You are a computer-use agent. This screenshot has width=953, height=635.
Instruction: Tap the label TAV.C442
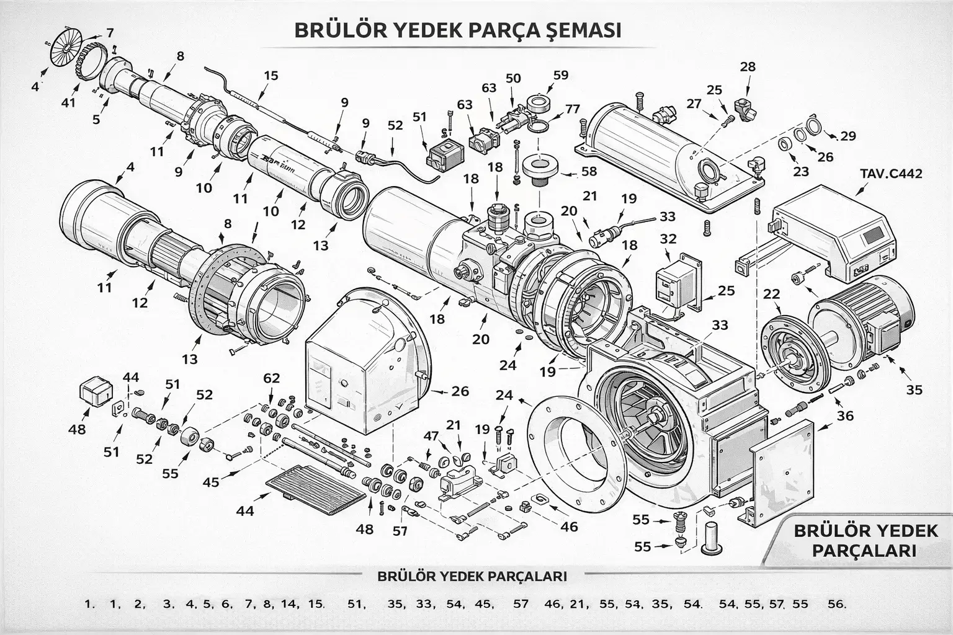coord(891,173)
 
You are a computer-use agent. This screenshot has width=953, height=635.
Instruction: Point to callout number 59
coord(560,76)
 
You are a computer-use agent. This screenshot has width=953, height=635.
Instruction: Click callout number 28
coord(748,66)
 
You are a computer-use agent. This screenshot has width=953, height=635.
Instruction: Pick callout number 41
coord(68,102)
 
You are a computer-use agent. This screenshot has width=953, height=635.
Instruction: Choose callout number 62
coord(271,378)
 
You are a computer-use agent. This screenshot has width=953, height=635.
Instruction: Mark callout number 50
coord(513,78)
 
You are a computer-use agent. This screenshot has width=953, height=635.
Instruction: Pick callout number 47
coord(431,435)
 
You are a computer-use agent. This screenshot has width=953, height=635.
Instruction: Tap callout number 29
coord(848,136)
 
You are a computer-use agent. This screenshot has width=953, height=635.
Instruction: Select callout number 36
coord(845,415)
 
